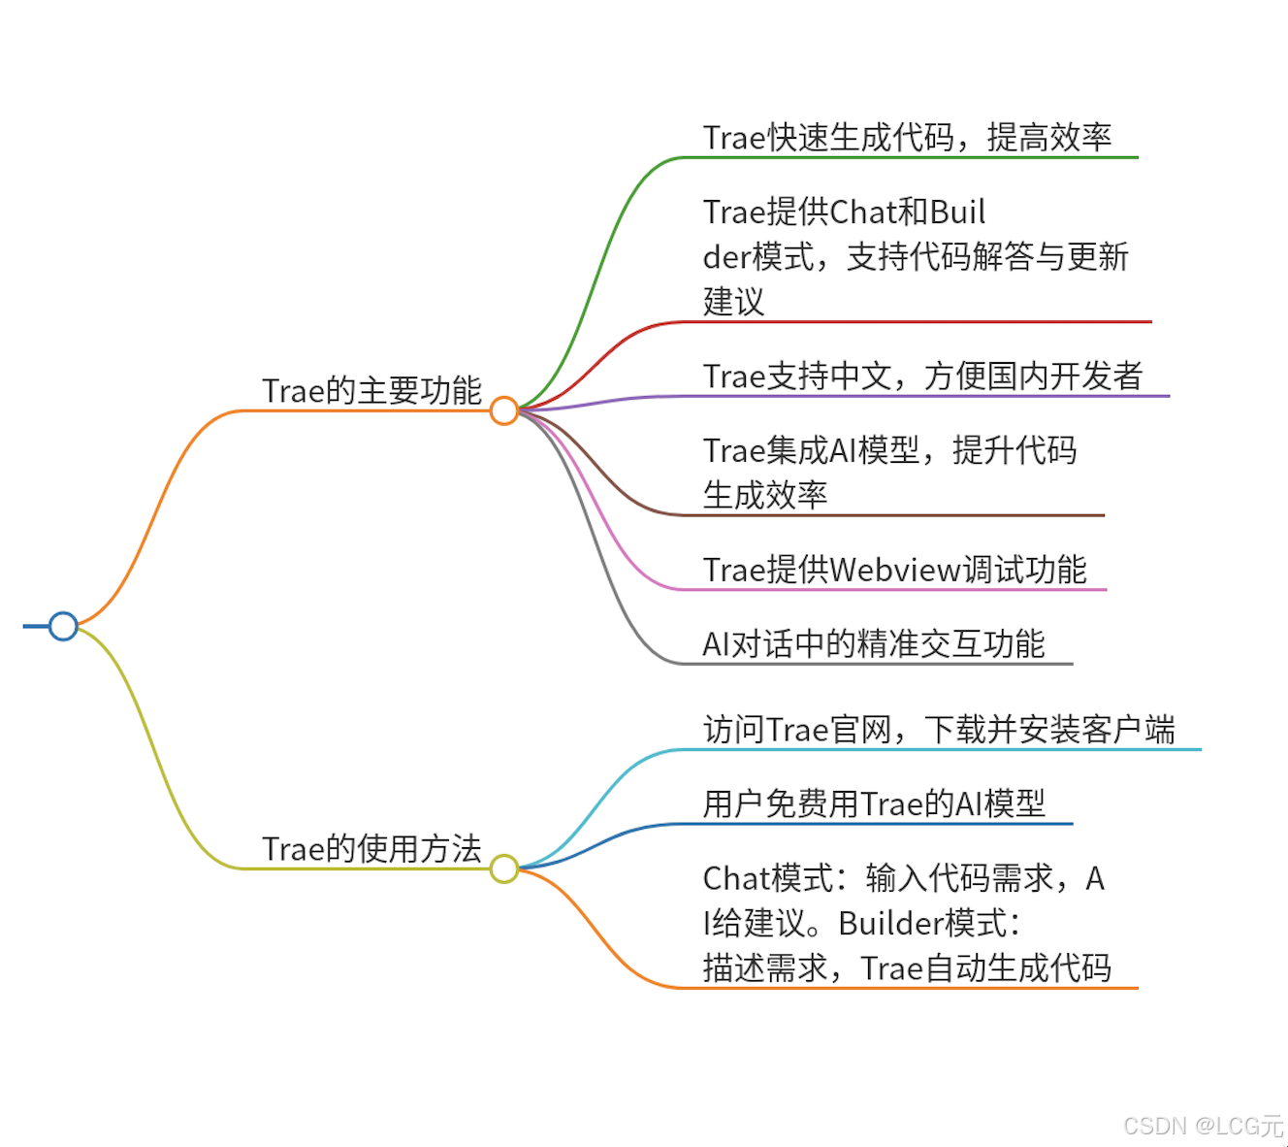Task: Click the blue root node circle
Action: [63, 626]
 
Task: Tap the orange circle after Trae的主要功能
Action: [503, 410]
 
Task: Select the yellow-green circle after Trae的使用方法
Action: [503, 868]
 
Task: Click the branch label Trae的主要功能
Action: [371, 390]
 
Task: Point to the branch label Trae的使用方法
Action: [371, 848]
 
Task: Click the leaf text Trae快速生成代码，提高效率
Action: [907, 138]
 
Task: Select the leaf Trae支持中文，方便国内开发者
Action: [922, 376]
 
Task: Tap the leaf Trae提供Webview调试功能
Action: [894, 570]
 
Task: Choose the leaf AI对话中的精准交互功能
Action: [873, 643]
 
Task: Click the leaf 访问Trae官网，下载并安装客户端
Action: [939, 729]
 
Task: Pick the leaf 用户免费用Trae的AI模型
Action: [874, 803]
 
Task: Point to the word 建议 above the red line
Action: [733, 301]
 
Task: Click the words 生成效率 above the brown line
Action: [764, 495]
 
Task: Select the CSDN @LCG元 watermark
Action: [1203, 1126]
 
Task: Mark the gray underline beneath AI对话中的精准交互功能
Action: [873, 664]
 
